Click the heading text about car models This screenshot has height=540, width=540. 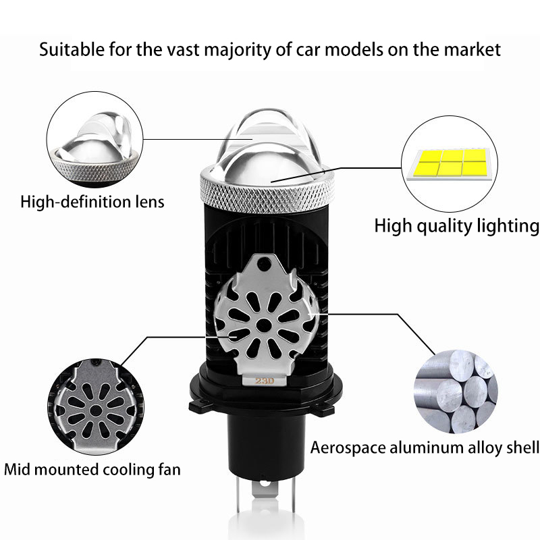pyautogui.click(x=270, y=49)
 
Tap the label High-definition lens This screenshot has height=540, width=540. pyautogui.click(x=92, y=201)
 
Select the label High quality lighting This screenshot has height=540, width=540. pyautogui.click(x=456, y=225)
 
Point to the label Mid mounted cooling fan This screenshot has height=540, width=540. pyautogui.click(x=92, y=468)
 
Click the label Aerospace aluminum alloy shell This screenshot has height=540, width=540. pyautogui.click(x=425, y=447)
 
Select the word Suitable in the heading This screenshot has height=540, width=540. pyautogui.click(x=66, y=49)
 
